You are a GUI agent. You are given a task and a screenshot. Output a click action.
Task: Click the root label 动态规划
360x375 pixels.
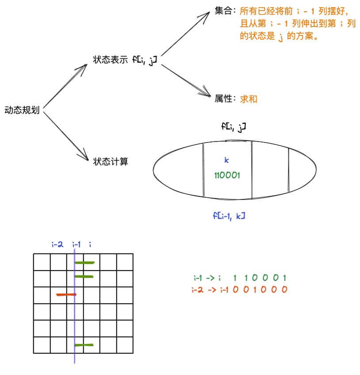pyautogui.click(x=22, y=110)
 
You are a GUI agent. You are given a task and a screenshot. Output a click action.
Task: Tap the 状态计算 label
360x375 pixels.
pyautogui.click(x=111, y=162)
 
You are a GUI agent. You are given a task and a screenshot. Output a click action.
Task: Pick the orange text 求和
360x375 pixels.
pyautogui.click(x=249, y=99)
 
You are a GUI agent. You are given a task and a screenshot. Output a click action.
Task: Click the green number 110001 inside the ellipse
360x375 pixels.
pyautogui.click(x=227, y=176)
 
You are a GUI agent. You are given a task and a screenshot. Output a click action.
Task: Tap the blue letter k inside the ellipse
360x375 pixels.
pyautogui.click(x=227, y=160)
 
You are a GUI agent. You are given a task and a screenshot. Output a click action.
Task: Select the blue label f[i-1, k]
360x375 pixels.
pyautogui.click(x=229, y=216)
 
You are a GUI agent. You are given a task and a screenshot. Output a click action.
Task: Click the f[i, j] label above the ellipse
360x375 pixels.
pyautogui.click(x=234, y=127)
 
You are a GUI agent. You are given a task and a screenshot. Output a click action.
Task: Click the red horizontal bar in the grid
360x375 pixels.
pyautogui.click(x=66, y=294)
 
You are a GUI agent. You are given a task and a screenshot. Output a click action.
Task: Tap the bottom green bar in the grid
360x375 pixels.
pyautogui.click(x=84, y=344)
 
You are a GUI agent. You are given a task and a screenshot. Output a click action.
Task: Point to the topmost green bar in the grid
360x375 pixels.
pyautogui.click(x=84, y=262)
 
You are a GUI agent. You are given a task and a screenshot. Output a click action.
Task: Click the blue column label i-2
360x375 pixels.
pyautogui.click(x=57, y=244)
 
